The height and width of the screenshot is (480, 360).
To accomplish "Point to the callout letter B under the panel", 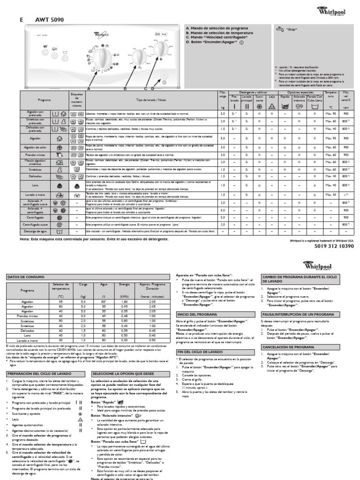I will [125, 88].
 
